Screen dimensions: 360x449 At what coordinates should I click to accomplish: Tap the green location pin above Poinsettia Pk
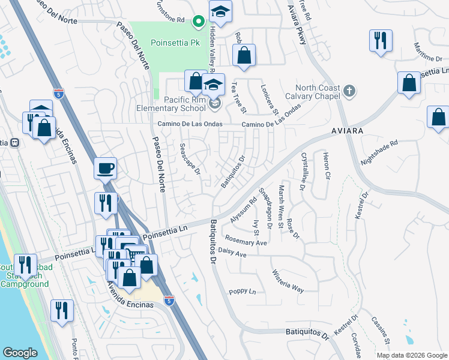click(x=199, y=22)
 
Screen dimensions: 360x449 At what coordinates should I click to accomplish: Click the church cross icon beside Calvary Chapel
click(x=350, y=91)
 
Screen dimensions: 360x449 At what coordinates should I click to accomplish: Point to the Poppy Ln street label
click(x=243, y=292)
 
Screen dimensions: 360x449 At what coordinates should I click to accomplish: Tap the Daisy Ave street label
click(x=232, y=254)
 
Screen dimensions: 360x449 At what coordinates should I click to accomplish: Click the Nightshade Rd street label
click(x=379, y=154)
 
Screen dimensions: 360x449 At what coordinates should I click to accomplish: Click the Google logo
click(x=20, y=353)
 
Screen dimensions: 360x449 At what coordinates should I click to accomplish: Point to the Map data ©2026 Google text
click(x=412, y=355)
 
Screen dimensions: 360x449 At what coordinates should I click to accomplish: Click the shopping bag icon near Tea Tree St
click(x=244, y=56)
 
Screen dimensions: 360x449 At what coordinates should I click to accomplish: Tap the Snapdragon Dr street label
click(x=265, y=207)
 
